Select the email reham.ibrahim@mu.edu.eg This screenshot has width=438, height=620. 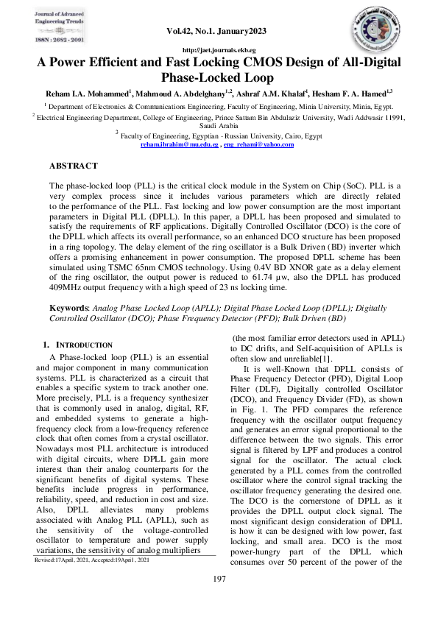[179, 145]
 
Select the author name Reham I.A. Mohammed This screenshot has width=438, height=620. [93, 94]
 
